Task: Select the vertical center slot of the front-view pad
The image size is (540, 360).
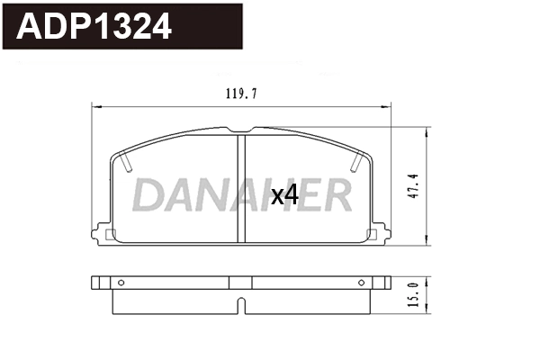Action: click(240, 189)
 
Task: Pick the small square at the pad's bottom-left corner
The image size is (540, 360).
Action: click(111, 236)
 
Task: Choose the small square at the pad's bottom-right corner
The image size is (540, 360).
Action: click(373, 236)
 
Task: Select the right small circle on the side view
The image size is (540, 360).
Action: click(362, 283)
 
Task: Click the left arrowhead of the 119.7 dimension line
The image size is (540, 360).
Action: click(96, 107)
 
